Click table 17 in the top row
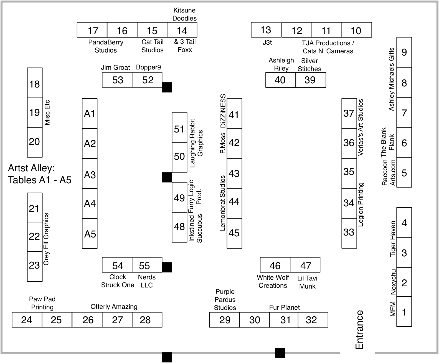click(92, 30)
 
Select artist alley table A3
click(90, 174)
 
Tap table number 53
click(117, 80)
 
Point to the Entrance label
click(359, 330)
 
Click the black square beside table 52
click(167, 87)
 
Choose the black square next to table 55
click(167, 267)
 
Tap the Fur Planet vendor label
click(284, 307)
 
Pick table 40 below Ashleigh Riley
click(281, 80)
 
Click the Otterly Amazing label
click(114, 307)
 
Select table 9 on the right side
click(404, 52)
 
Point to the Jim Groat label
click(115, 67)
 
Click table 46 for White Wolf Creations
click(275, 265)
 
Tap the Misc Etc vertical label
click(47, 112)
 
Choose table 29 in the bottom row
click(224, 320)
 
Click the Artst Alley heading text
click(40, 174)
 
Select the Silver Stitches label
click(309, 65)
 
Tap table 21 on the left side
click(35, 208)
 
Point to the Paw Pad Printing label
click(42, 303)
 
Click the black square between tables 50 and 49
click(167, 177)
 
